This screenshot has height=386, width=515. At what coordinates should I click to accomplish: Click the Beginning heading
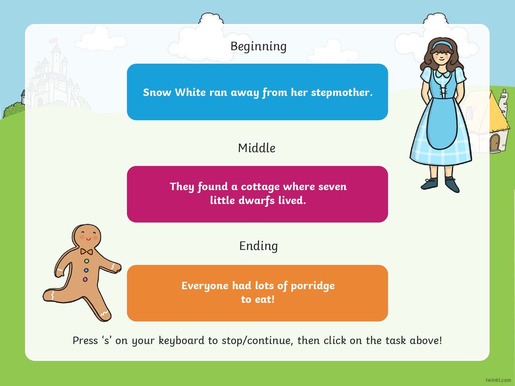coord(259,47)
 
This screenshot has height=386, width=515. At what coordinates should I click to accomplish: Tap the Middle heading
coord(257,148)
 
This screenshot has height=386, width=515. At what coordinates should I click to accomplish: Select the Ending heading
coord(259,246)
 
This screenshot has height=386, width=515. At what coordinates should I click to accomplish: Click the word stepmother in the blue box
coord(341,92)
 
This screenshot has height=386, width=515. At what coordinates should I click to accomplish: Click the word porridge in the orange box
coord(313,286)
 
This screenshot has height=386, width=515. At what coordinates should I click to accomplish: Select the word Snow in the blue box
coord(157,92)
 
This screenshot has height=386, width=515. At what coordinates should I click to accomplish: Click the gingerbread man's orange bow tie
coord(87,252)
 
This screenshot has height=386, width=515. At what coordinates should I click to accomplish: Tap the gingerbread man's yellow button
coord(87,261)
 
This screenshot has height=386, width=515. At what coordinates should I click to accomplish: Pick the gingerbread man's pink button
coord(85,279)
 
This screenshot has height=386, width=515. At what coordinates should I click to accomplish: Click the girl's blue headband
coord(442,44)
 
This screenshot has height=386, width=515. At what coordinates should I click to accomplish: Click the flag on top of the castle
coord(53,41)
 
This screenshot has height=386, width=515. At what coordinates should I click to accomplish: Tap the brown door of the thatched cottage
coord(494,143)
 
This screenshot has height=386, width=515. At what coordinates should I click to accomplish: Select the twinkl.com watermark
coord(498,380)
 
